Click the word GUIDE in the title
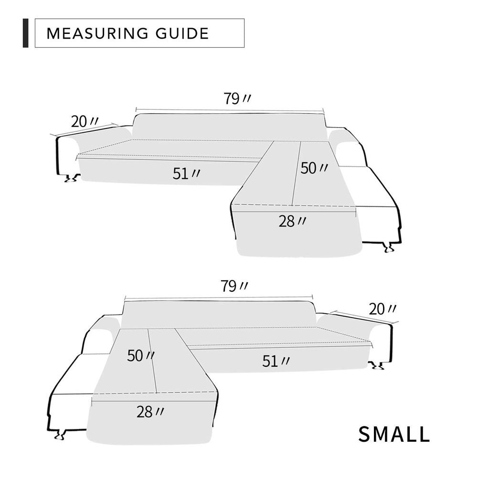coord(182,33)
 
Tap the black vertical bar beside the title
coord(26,33)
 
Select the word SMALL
coord(394,434)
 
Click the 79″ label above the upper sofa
coord(237,98)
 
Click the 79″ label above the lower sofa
coord(234,286)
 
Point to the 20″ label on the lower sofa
coord(383,309)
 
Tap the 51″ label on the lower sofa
coord(276,361)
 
